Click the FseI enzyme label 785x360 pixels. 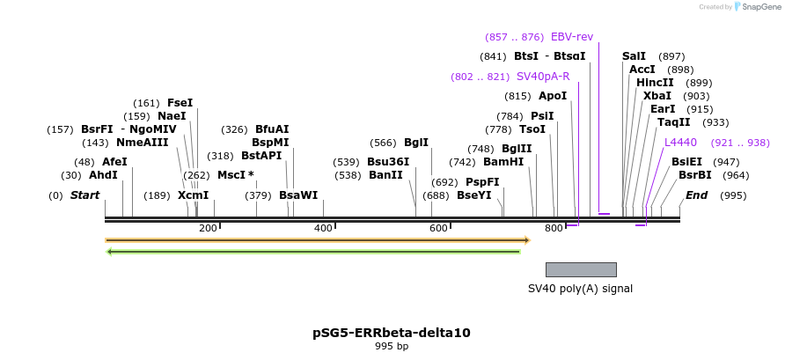pos(180,103)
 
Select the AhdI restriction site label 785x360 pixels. pos(103,175)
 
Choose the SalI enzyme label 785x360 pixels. pos(634,56)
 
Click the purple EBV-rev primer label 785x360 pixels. pos(572,37)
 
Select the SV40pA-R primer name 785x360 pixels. pos(543,77)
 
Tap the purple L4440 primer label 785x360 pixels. pos(680,143)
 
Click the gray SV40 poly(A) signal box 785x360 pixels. pos(581,269)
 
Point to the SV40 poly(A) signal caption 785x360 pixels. pos(580,288)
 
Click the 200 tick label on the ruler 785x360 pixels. pos(208,229)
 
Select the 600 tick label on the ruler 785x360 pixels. pos(438,229)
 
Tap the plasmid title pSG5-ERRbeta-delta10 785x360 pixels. pos(392,333)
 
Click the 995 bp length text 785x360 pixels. pos(392,347)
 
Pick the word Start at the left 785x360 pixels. pos(85,195)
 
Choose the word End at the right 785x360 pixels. pos(696,195)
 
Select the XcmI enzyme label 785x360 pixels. pos(194,195)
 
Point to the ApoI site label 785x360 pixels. pos(553,96)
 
